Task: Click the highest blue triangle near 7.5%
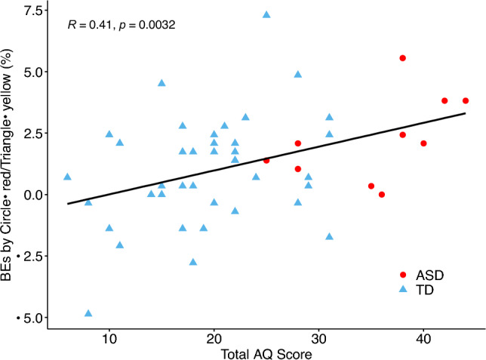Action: tap(266, 14)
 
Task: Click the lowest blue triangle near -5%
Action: tap(88, 313)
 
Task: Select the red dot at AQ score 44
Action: tap(466, 100)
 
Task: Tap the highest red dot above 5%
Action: tap(403, 58)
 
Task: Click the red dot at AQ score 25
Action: tap(266, 160)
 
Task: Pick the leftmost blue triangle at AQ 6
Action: tap(67, 177)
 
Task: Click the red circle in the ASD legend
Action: tap(404, 275)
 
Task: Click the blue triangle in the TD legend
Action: tap(404, 289)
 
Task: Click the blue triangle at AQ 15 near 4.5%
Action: tap(161, 83)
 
